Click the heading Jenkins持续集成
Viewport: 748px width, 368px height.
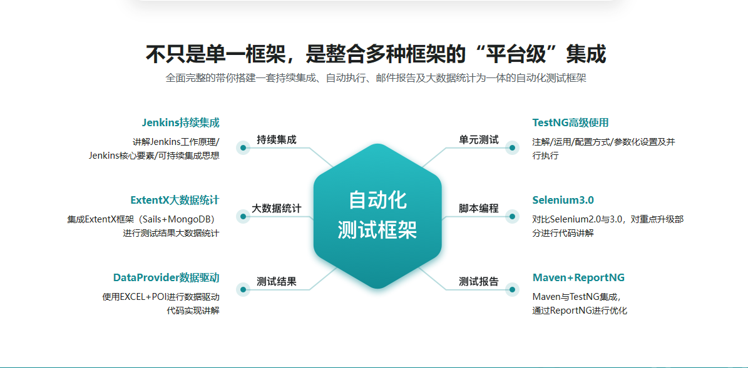[x=181, y=122]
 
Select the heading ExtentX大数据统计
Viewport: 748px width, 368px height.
[x=175, y=199]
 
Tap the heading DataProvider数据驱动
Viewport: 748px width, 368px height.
[x=167, y=277]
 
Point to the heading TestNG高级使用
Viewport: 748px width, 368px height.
[x=570, y=122]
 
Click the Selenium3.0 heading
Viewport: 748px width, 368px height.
[x=563, y=199]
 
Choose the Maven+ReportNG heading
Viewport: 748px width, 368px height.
[x=578, y=277]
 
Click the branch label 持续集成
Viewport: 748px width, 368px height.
[x=276, y=139]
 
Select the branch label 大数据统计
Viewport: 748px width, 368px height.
[x=276, y=208]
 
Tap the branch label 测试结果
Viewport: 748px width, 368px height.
[x=276, y=281]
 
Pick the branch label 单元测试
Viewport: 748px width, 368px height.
[x=478, y=139]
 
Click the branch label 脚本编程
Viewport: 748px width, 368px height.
[x=478, y=208]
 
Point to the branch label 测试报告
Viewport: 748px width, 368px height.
[x=478, y=281]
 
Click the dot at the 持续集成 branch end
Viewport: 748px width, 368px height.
[x=243, y=148]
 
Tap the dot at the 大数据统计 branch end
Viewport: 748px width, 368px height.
[x=243, y=217]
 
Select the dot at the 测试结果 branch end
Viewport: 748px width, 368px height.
[x=243, y=289]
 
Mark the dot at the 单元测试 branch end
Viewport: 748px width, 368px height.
[x=513, y=148]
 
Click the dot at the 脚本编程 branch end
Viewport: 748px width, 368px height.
[x=513, y=217]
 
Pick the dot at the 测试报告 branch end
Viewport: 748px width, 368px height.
[x=513, y=289]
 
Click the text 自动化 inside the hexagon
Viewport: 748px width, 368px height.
[x=377, y=200]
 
